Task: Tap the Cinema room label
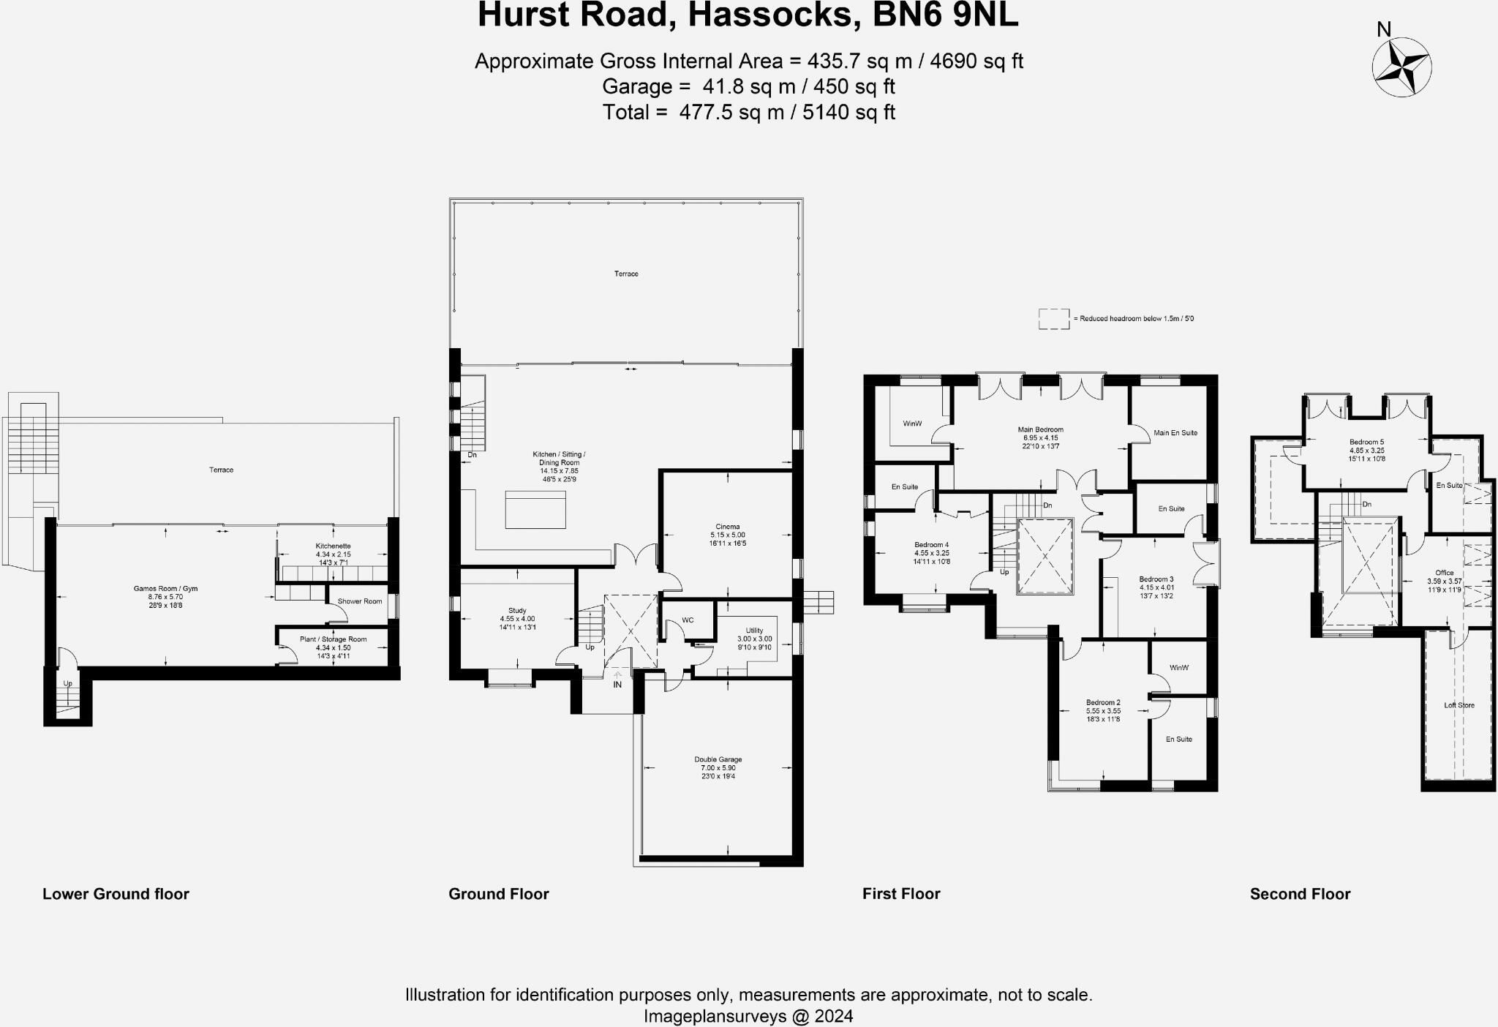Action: click(727, 527)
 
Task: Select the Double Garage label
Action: click(718, 759)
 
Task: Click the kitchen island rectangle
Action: click(535, 509)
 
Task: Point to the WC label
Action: click(688, 620)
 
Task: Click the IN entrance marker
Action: click(617, 685)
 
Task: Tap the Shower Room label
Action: click(360, 601)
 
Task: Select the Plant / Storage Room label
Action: click(333, 639)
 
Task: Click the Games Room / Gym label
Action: click(165, 589)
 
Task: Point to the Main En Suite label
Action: click(1175, 432)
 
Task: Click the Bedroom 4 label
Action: click(931, 545)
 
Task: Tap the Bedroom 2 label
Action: click(1103, 702)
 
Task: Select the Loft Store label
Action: click(1459, 705)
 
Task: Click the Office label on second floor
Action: click(1444, 573)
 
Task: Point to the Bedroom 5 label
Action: click(1366, 443)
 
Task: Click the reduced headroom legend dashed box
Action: click(1053, 319)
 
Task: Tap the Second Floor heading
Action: click(1300, 894)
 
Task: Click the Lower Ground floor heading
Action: click(116, 894)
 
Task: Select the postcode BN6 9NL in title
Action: click(945, 15)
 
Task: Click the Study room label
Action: click(517, 611)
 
